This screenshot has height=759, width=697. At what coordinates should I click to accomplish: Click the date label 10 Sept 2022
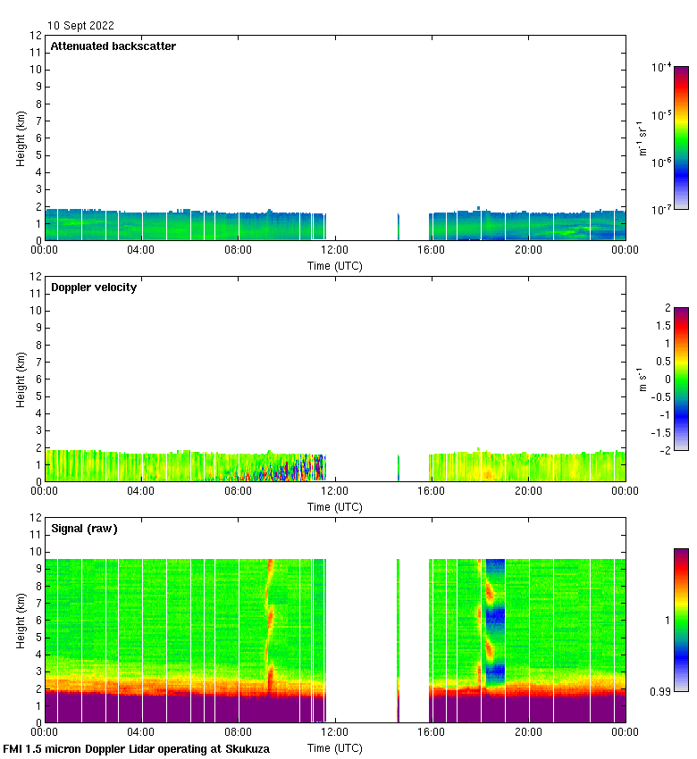coord(80,26)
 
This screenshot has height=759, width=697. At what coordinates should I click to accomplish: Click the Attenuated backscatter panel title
coord(113,46)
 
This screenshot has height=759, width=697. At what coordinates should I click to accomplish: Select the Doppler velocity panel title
coord(94,287)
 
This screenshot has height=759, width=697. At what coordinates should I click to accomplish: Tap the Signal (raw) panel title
coord(84,528)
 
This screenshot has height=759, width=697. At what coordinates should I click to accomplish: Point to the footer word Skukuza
coord(245,748)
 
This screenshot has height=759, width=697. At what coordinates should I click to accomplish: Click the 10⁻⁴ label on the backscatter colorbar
coord(661,68)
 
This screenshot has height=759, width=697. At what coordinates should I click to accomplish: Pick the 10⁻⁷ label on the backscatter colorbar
coord(661,209)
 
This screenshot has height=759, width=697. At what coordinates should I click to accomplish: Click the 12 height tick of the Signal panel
coord(36,518)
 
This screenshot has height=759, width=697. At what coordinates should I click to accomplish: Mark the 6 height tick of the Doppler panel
coord(38,379)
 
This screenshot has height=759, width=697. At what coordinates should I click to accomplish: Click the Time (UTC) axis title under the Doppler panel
coord(335,506)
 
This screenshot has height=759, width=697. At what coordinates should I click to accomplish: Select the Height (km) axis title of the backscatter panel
coord(21,138)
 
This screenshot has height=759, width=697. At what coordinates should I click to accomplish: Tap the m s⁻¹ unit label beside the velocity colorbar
coord(641,379)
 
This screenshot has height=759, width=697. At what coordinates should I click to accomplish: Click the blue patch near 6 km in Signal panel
coord(495,614)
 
